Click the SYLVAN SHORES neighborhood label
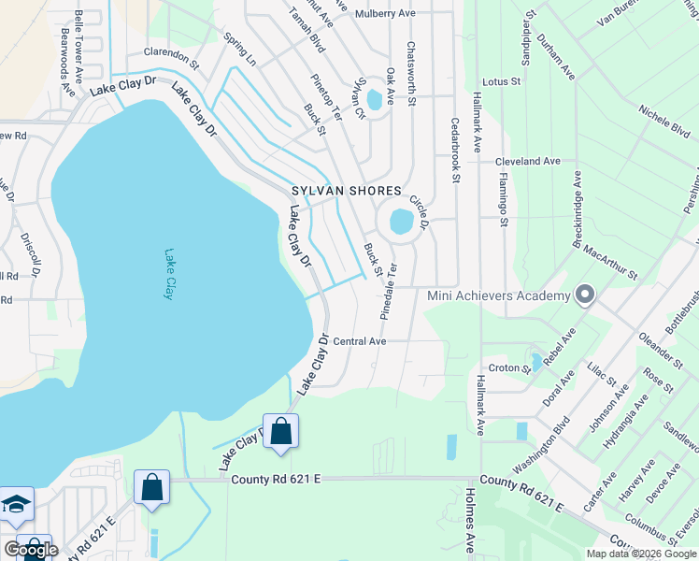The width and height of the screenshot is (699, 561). tap(345, 191)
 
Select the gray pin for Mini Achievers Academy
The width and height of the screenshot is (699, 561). tap(585, 295)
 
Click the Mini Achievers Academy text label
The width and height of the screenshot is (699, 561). tap(498, 296)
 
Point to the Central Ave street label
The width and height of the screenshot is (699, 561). tap(359, 341)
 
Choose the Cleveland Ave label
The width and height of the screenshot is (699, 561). tap(528, 161)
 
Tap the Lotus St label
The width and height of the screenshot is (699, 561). tap(502, 82)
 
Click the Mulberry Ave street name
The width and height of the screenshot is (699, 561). tap(386, 14)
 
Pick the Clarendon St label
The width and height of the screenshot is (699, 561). tap(172, 59)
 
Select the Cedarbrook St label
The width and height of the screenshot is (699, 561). tap(456, 150)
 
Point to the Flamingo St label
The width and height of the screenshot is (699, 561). tap(503, 198)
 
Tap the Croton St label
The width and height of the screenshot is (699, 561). tap(509, 368)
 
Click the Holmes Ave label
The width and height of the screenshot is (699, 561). tap(469, 524)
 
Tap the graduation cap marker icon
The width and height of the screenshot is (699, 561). tap(16, 506)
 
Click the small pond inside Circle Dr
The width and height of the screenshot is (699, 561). tap(401, 222)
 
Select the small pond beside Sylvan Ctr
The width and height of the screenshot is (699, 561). tap(376, 98)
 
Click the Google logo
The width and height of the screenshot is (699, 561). tap(31, 550)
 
